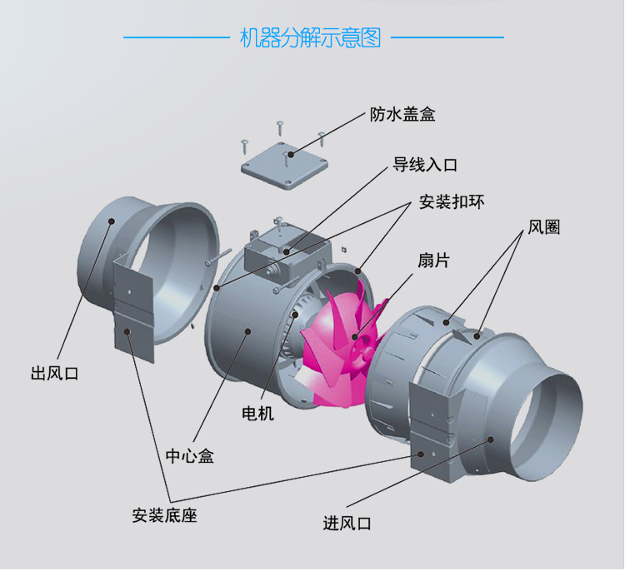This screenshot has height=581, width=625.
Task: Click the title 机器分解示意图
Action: tap(311, 37)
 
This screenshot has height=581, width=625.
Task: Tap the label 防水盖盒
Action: tap(402, 115)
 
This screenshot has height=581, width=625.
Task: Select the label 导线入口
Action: tap(425, 165)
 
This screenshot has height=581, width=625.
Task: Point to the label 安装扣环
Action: tap(452, 203)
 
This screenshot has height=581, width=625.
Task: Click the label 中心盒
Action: tap(188, 457)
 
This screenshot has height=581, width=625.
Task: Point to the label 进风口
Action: tap(347, 524)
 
